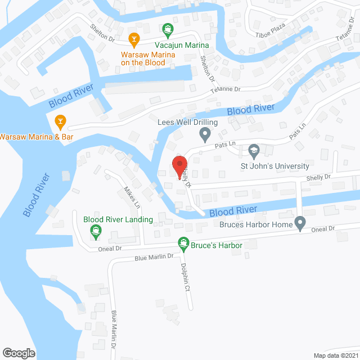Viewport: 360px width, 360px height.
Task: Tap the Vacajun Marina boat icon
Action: (x=168, y=29)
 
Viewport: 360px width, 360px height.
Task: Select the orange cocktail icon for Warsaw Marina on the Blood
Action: (x=133, y=39)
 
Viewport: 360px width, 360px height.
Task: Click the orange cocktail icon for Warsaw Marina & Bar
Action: (x=60, y=120)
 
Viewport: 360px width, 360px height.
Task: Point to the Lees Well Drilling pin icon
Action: (x=205, y=134)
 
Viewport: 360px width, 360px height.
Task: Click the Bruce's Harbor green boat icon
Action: (x=183, y=244)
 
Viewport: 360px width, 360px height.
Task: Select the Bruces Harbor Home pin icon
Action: (x=300, y=224)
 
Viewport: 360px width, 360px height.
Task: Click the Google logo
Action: (x=19, y=353)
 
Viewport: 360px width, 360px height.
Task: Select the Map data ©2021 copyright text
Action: (x=335, y=355)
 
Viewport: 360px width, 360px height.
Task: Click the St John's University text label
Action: (x=275, y=166)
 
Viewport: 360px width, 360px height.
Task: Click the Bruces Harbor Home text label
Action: (x=257, y=225)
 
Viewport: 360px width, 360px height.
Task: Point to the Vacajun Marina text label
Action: (x=182, y=45)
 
